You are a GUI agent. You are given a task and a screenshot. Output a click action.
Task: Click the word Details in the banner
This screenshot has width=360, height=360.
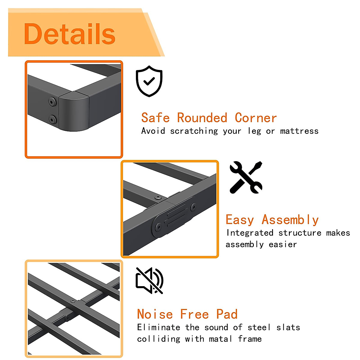(x=70, y=34)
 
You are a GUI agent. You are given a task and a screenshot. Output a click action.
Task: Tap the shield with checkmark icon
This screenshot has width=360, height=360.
(x=149, y=81)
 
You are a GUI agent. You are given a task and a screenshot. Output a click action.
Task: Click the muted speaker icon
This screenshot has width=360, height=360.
(x=149, y=280)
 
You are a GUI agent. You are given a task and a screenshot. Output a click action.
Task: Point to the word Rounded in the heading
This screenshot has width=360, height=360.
(x=202, y=118)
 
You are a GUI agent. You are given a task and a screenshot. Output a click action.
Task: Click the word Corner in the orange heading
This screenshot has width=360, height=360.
(x=256, y=118)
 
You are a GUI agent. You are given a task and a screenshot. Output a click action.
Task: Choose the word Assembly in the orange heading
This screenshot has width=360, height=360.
(x=290, y=220)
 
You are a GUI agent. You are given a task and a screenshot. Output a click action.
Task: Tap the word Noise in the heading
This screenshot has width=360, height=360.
(x=155, y=314)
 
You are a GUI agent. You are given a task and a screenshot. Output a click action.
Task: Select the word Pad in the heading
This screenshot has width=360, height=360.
(x=227, y=314)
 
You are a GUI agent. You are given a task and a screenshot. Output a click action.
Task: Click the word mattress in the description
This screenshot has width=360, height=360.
(x=299, y=131)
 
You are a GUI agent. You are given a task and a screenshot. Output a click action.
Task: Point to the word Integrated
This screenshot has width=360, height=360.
(x=250, y=233)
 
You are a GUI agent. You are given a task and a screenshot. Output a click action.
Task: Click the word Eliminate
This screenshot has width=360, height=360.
(x=158, y=327)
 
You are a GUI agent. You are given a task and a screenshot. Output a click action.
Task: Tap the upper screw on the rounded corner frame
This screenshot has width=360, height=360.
(x=52, y=102)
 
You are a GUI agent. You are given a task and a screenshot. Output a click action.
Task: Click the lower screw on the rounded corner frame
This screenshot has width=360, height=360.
(x=53, y=120)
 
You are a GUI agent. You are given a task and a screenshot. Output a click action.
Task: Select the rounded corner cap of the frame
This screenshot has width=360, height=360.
(x=74, y=111)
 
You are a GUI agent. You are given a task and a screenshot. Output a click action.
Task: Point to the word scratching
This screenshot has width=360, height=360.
(x=194, y=131)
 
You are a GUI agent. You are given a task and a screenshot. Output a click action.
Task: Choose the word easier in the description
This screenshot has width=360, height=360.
(x=283, y=244)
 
